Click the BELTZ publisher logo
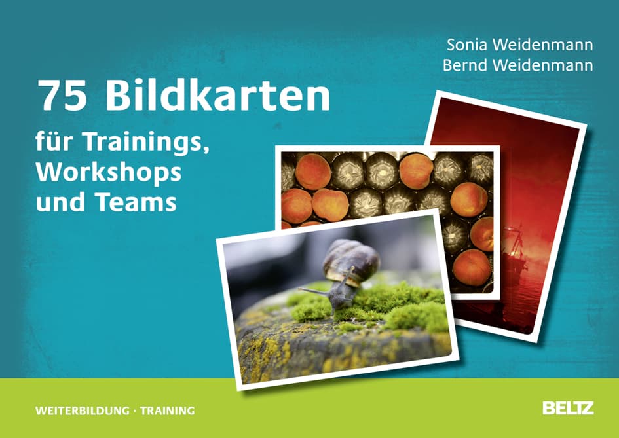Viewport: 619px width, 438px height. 568,408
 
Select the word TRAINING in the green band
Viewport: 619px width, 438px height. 167,411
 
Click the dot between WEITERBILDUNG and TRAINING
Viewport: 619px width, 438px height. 134,411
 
